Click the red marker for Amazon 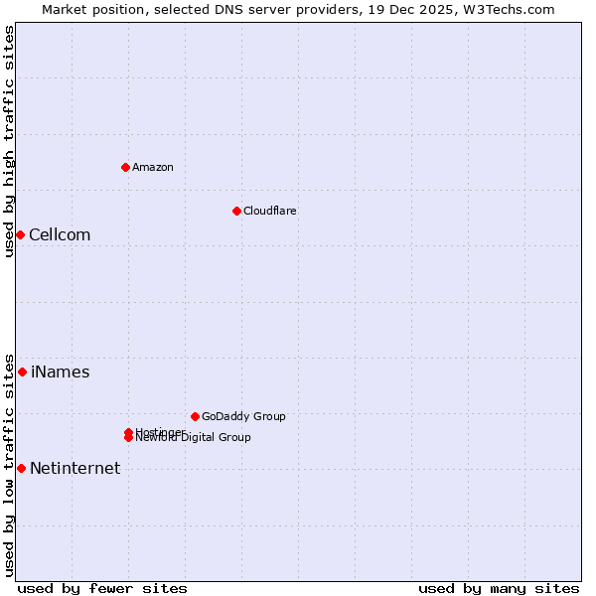125,167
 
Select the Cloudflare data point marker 236,211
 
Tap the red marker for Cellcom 20,234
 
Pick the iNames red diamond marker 22,372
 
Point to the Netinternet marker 21,468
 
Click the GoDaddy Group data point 195,416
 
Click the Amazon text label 152,167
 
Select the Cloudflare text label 269,211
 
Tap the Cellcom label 60,234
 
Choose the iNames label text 60,372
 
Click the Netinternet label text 74,468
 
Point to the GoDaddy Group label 243,416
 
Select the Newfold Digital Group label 194,438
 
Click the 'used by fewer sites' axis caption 102,588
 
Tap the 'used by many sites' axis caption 499,588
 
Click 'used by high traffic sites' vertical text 9,141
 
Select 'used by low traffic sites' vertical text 9,464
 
